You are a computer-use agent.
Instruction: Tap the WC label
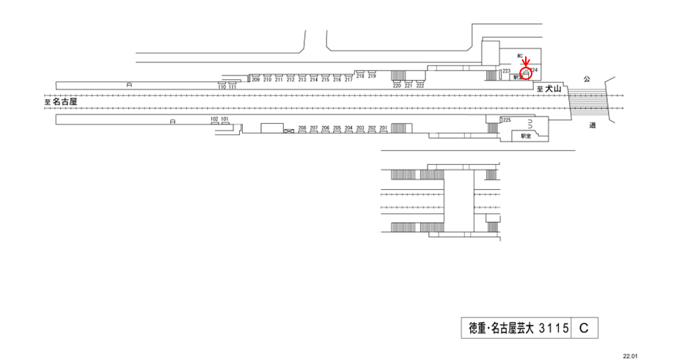(520, 56)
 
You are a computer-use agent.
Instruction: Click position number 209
(256, 79)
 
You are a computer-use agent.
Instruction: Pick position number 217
(348, 79)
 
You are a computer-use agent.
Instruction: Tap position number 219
(372, 76)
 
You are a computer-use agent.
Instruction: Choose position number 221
(409, 86)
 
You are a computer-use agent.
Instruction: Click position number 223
(507, 70)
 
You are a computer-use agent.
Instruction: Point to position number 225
(507, 120)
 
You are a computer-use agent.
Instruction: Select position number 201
(383, 128)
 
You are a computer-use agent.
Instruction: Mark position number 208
(302, 128)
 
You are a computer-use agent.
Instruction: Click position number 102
(214, 118)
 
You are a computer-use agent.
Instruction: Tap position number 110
(221, 87)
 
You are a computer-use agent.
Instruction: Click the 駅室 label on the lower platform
(526, 136)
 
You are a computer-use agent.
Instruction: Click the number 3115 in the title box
(554, 328)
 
